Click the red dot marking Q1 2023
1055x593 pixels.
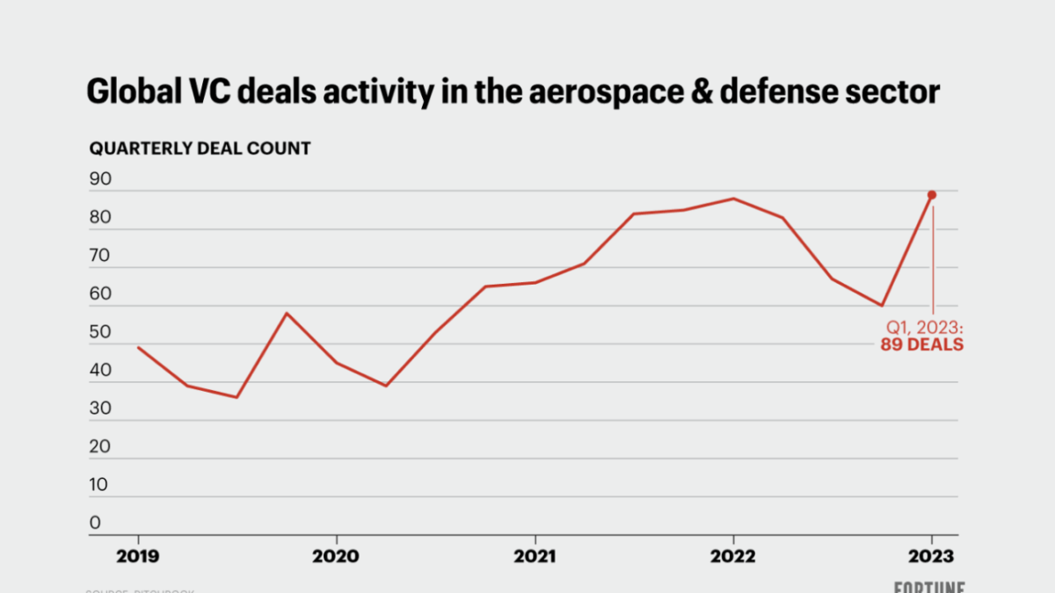932,195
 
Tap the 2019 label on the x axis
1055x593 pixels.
138,556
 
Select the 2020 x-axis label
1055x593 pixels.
336,556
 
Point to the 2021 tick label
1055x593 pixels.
535,556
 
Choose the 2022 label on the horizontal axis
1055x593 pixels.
733,556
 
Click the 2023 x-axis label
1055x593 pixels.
932,556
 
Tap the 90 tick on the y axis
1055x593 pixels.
100,179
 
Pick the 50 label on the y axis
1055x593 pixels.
100,332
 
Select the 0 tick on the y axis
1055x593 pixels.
95,523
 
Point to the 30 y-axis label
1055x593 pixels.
100,409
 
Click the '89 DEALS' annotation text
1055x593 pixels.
922,345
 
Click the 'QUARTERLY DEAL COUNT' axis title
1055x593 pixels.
200,148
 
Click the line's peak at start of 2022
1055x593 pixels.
733,199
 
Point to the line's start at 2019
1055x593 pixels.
138,347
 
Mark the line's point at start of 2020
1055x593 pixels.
336,363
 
